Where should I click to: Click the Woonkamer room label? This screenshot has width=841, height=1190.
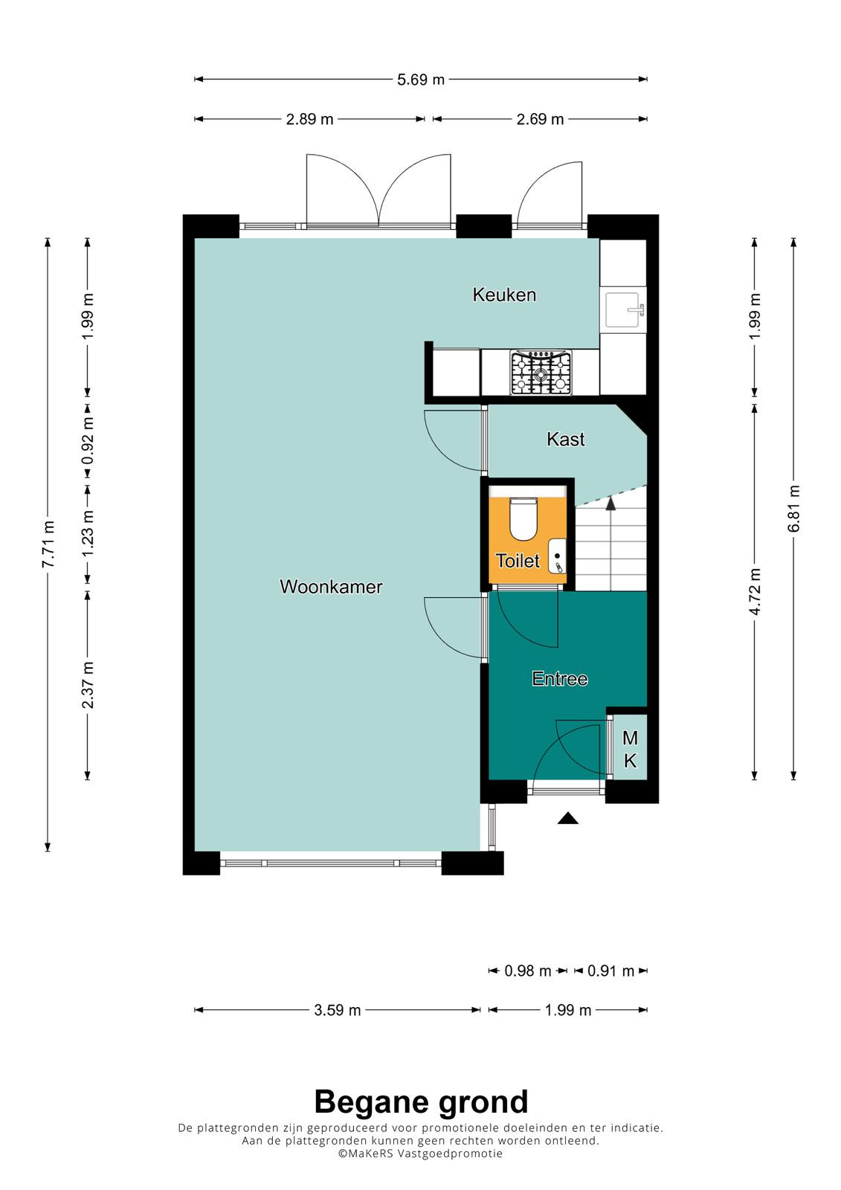pos(331,587)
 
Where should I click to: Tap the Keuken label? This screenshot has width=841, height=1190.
pos(504,295)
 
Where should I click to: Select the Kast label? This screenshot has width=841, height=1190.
pos(566,440)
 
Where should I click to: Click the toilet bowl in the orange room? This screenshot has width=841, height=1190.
pos(523,518)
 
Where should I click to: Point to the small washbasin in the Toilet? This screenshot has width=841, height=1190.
pos(557,556)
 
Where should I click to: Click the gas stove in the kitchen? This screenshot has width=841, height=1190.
pos(541,373)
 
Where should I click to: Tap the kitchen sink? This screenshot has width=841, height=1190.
pos(626,309)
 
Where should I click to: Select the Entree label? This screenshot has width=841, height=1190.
pos(560,678)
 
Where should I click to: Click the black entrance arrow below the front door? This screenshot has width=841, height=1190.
pos(568,818)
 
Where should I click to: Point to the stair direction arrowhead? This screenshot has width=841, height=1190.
pos(611,503)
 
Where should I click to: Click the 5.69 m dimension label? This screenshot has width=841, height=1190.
pos(421,80)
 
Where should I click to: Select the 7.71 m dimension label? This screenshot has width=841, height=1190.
pos(48,544)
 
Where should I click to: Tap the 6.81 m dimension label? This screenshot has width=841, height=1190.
pos(794,509)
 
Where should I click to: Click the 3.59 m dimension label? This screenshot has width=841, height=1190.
pos(338,1010)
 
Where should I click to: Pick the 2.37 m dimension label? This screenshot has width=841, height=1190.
pos(88,685)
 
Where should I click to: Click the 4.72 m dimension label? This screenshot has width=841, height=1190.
pos(755,591)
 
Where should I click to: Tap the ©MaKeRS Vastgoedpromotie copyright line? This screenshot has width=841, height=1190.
pos(420,1153)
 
